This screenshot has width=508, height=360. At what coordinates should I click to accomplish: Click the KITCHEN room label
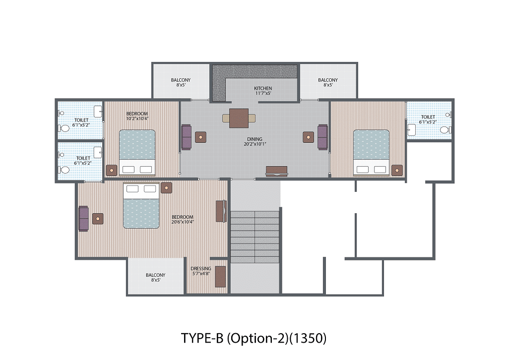(263, 88)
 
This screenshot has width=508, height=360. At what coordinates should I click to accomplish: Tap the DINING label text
(254, 139)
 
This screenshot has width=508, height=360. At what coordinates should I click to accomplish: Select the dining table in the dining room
(239, 118)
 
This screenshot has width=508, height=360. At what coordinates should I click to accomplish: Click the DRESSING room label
(201, 268)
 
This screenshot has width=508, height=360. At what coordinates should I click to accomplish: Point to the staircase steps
(254, 237)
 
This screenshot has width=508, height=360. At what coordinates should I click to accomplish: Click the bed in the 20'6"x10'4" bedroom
(141, 205)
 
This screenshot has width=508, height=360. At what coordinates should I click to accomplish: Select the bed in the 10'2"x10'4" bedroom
(137, 153)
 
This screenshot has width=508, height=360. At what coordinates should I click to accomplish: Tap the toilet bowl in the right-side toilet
(445, 130)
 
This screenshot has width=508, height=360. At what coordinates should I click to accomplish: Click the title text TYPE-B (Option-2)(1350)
(254, 338)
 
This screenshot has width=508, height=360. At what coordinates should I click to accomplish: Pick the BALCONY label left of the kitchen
(181, 80)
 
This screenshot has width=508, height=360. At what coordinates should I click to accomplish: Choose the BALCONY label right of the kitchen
(328, 80)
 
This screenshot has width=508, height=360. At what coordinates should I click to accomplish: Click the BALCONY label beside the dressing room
(155, 275)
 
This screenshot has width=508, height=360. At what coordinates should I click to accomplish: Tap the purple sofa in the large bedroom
(83, 219)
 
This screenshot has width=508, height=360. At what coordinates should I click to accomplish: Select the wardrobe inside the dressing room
(221, 277)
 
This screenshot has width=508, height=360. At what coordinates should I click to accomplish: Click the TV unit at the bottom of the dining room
(276, 171)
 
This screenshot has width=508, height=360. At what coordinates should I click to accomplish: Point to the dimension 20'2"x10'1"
(254, 144)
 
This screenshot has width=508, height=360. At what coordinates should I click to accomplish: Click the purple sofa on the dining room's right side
(322, 137)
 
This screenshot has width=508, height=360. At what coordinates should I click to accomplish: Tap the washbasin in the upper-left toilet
(98, 112)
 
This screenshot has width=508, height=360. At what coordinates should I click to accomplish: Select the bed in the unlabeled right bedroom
(371, 153)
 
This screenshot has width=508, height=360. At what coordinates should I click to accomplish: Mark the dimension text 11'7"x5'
(263, 93)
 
